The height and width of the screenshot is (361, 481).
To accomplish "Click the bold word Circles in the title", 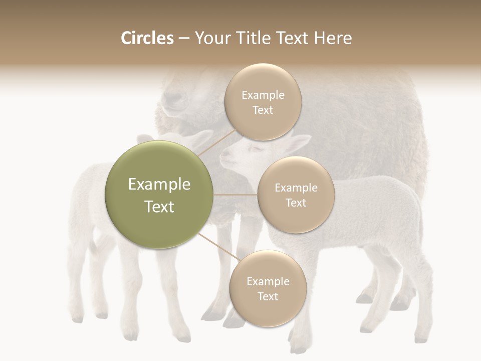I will pos(147,38).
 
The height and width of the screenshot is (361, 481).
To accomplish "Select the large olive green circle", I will pos(159,195).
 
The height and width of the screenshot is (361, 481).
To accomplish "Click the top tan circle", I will pos(263,102).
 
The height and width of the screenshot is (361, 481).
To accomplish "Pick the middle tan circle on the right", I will pos(296,195).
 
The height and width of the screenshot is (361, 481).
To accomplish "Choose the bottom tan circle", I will pos(268,289).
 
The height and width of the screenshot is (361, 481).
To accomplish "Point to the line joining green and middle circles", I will pos(235,195).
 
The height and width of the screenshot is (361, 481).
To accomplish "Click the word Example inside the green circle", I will pos(159,185).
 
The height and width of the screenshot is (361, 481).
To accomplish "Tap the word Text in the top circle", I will pos(263,110).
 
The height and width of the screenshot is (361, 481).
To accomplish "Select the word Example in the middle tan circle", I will pos(296,188).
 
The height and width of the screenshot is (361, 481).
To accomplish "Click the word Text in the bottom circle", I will pos(268,297).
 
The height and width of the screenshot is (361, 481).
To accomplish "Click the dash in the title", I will pos(184,39).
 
